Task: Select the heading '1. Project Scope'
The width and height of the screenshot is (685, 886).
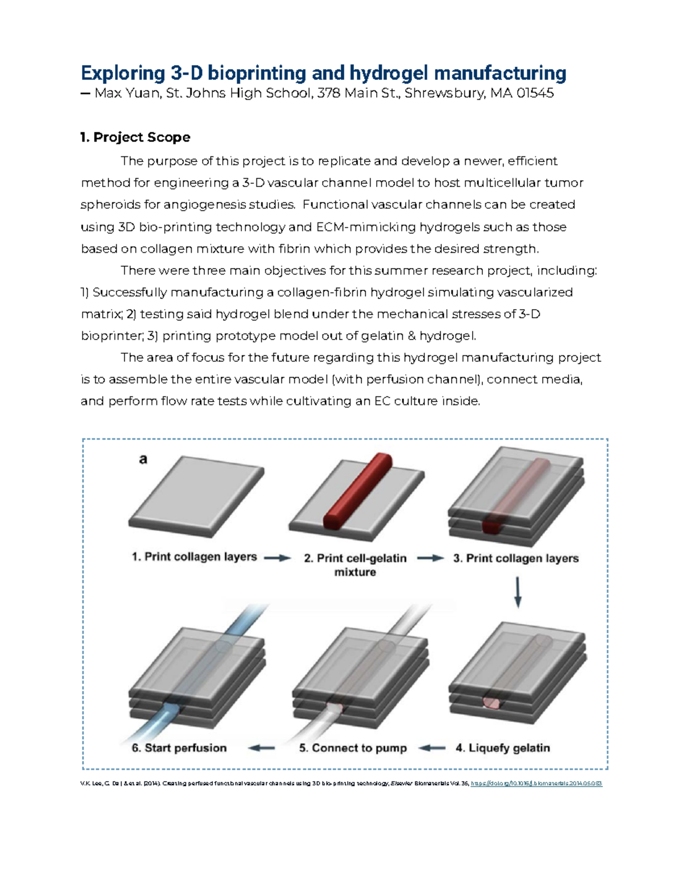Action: pyautogui.click(x=135, y=137)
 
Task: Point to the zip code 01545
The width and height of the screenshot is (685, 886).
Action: pyautogui.click(x=534, y=93)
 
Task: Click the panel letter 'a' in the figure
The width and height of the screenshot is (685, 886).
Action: pyautogui.click(x=143, y=459)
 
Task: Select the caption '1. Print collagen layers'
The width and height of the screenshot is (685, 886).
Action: pyautogui.click(x=194, y=557)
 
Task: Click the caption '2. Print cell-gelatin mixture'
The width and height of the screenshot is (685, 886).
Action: pyautogui.click(x=355, y=565)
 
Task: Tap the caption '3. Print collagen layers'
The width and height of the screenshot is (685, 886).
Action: pyautogui.click(x=515, y=559)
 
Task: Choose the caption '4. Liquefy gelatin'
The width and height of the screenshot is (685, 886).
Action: pyautogui.click(x=502, y=748)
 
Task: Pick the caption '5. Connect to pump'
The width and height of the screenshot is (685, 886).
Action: pyautogui.click(x=353, y=748)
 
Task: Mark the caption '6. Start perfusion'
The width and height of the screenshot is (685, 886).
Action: pyautogui.click(x=179, y=748)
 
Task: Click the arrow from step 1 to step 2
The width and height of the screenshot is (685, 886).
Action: pyautogui.click(x=277, y=558)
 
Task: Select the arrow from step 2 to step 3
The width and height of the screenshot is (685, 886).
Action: pyautogui.click(x=430, y=559)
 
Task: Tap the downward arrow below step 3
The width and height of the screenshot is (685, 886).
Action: pyautogui.click(x=518, y=592)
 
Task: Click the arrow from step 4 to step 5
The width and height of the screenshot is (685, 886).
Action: pyautogui.click(x=432, y=748)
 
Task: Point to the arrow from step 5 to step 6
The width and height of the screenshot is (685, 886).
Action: pyautogui.click(x=261, y=748)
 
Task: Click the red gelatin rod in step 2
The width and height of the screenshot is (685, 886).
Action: pyautogui.click(x=358, y=491)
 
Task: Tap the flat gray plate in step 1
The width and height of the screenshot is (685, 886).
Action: pyautogui.click(x=196, y=493)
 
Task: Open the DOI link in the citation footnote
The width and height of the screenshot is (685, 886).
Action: pyautogui.click(x=536, y=783)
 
